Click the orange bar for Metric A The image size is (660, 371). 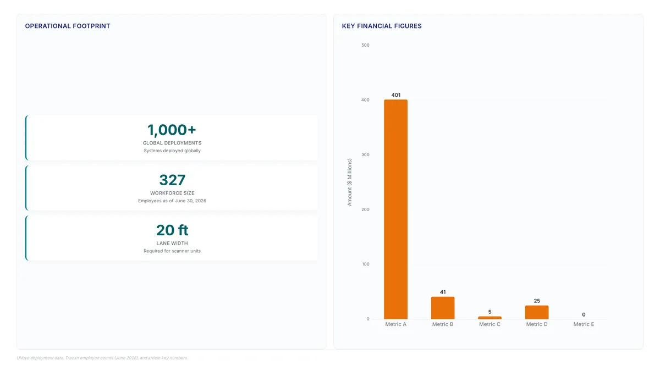pos(395,209)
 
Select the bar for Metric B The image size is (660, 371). pos(443,308)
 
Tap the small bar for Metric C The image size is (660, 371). pos(490,318)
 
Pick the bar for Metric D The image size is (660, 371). pos(537,312)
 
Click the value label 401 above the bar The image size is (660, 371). pos(396,95)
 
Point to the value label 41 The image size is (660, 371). pos(443,292)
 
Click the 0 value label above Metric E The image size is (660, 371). pos(584,314)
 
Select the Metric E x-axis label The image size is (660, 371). pos(584,324)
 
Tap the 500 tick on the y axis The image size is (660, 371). pos(365,45)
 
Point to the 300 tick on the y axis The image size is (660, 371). pos(365,154)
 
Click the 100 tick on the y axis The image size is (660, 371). pos(366,264)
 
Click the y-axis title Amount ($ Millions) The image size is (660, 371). pos(349,182)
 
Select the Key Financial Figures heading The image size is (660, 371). pos(382,26)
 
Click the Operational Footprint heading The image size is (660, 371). pos(68,26)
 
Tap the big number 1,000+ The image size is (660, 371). pos(172,130)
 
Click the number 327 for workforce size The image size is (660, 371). pos(172,180)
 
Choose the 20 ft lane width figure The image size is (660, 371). pos(172,230)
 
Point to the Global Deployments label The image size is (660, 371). pos(172,143)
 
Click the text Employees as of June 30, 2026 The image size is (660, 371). pos(172,201)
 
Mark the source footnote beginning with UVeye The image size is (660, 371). pos(102,358)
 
